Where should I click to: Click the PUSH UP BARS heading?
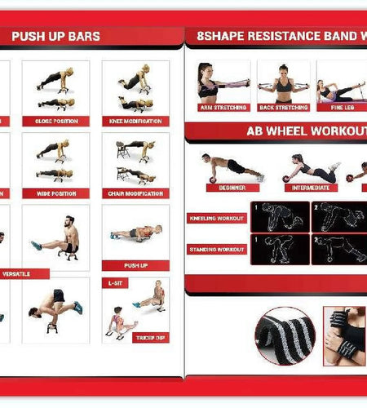[55, 37]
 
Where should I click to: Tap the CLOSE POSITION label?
[55, 121]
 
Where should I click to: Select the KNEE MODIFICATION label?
[135, 121]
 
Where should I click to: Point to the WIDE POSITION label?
[55, 193]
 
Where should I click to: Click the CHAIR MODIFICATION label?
[135, 193]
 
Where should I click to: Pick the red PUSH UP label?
[135, 265]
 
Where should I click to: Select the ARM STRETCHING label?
[223, 107]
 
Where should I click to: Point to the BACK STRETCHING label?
[283, 107]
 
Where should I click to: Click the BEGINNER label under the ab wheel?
[227, 187]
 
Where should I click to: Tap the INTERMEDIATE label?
[310, 187]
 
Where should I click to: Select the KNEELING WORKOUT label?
[215, 219]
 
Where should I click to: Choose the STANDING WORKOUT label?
[215, 248]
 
